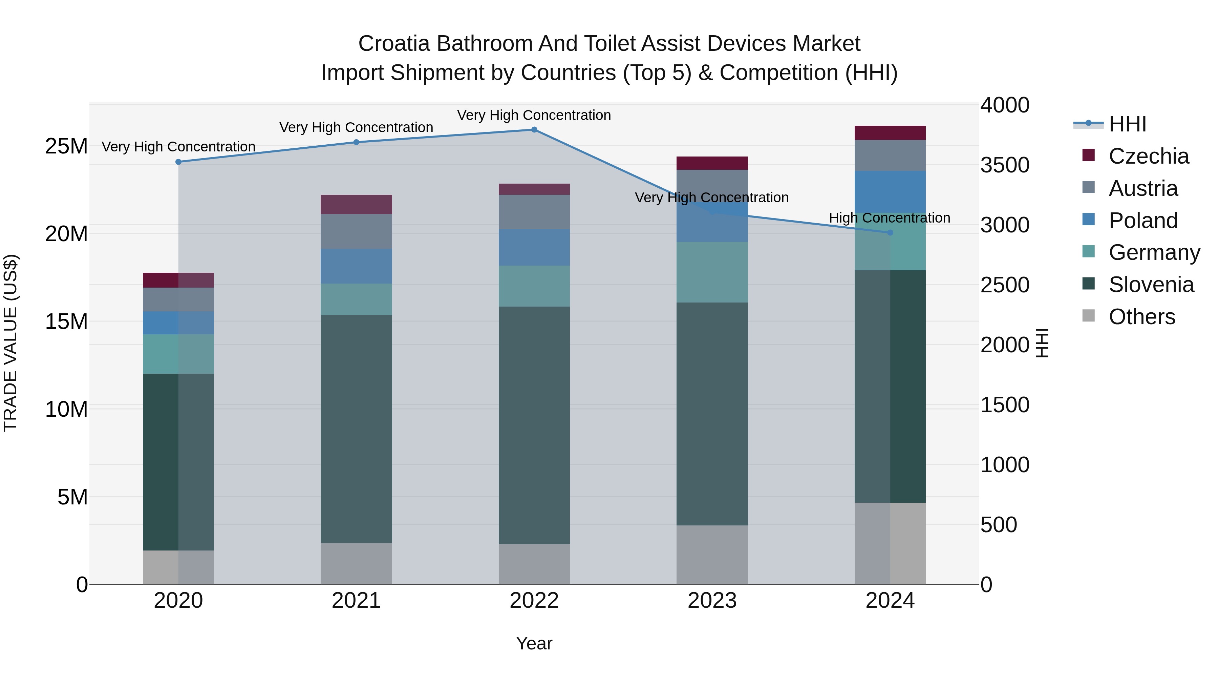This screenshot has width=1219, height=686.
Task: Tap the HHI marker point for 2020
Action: point(178,162)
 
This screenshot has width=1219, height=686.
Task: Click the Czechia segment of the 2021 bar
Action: point(356,205)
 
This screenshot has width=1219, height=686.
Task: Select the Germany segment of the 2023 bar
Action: point(712,272)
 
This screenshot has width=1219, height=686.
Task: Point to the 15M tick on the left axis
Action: point(66,321)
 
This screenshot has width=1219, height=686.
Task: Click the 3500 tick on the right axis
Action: point(1004,165)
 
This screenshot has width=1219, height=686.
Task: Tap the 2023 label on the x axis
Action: point(712,601)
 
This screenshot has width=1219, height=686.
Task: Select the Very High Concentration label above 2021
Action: point(356,127)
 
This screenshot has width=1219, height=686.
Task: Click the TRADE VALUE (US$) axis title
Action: point(10,343)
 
